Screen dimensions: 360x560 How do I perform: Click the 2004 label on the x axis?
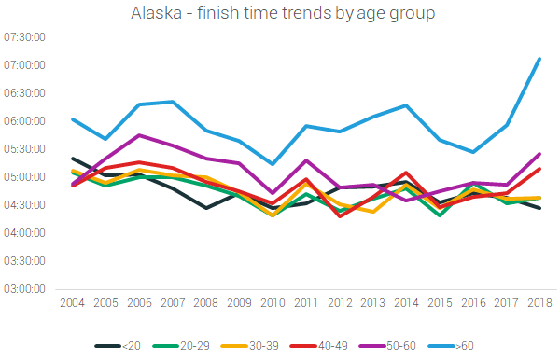(73, 304)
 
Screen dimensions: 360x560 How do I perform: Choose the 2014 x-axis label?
(406, 304)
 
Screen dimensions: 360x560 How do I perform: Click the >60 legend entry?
(464, 346)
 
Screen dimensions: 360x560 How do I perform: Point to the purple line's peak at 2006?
(139, 135)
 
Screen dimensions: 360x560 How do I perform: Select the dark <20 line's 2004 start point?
(73, 159)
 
